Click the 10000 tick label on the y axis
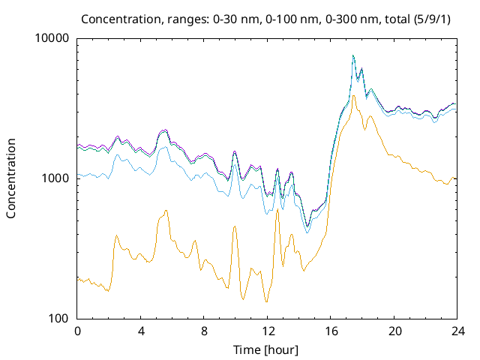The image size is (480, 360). pyautogui.click(x=52, y=38)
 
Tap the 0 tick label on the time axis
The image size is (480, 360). pyautogui.click(x=77, y=331)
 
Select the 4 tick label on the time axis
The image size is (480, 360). pyautogui.click(x=141, y=331)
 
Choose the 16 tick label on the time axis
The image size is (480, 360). pyautogui.click(x=331, y=331)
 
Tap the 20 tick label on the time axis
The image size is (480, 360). pyautogui.click(x=394, y=331)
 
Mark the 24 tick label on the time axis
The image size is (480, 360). pyautogui.click(x=457, y=331)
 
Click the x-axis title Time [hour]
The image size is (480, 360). pyautogui.click(x=267, y=349)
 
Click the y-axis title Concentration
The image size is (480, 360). pyautogui.click(x=11, y=178)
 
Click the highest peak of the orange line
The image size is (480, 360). pyautogui.click(x=353, y=95)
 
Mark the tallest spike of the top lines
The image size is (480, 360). pyautogui.click(x=352, y=55)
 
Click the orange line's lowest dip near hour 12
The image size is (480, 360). pyautogui.click(x=266, y=302)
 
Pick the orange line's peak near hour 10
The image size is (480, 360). pyautogui.click(x=235, y=226)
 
